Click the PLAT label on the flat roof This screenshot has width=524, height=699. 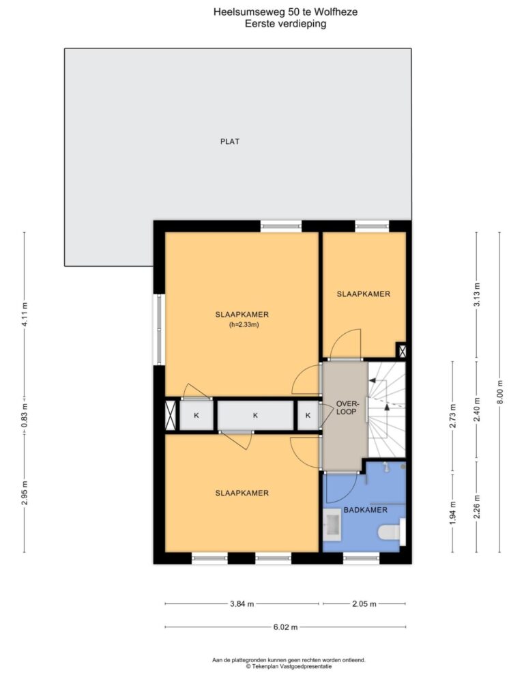pyautogui.click(x=230, y=141)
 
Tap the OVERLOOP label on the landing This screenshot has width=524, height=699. pyautogui.click(x=346, y=408)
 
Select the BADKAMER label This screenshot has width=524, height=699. pyautogui.click(x=366, y=510)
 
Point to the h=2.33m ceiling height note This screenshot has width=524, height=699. pyautogui.click(x=244, y=324)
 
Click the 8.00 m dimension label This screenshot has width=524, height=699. pyautogui.click(x=499, y=393)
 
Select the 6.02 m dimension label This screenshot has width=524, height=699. pyautogui.click(x=285, y=627)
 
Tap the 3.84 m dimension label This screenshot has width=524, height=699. pyautogui.click(x=242, y=604)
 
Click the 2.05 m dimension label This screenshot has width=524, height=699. pyautogui.click(x=364, y=604)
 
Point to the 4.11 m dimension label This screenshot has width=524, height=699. pyautogui.click(x=25, y=315)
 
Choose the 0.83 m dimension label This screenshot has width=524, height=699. pyautogui.click(x=25, y=416)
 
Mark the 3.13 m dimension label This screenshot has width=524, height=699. pyautogui.click(x=476, y=295)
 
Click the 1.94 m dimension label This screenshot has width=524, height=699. pyautogui.click(x=453, y=513)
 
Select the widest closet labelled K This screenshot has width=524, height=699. pyautogui.click(x=255, y=416)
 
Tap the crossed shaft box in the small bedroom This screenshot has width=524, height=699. pyautogui.click(x=401, y=350)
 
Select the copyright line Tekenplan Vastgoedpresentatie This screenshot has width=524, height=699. pyautogui.click(x=289, y=666)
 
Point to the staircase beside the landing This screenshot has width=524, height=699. pyautogui.click(x=387, y=410)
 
